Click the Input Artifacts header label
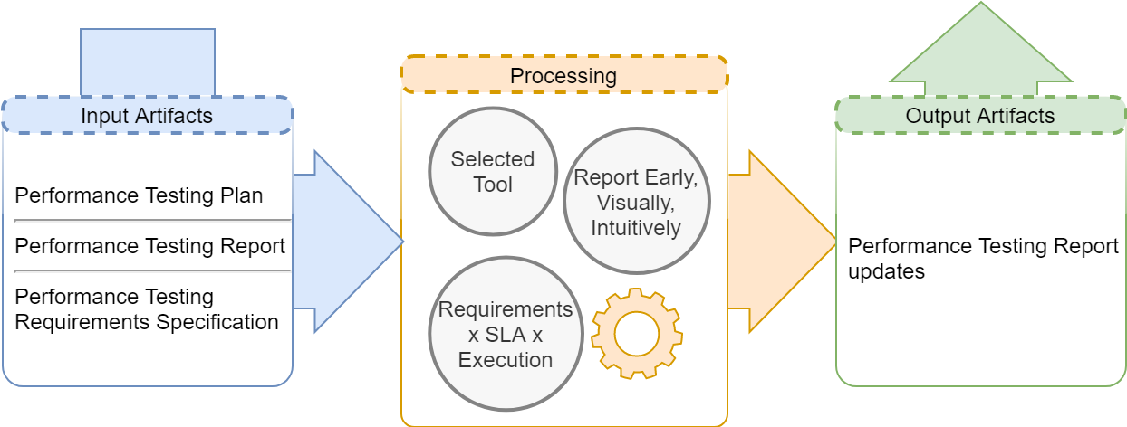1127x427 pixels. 147,116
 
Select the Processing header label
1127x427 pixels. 563,76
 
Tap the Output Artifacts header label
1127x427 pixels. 980,116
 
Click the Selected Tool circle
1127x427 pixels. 493,171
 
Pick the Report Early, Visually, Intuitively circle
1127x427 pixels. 637,201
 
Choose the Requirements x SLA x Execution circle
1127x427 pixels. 506,334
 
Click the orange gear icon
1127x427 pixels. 637,334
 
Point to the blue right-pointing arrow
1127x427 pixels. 348,242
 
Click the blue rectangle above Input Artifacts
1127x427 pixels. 148,62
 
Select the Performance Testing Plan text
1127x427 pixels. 139,195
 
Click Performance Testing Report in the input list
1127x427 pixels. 149,246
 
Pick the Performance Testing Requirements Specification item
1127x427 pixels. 147,309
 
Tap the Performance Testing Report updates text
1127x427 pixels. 983,259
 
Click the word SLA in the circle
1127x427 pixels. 506,335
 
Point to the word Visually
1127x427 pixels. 635,203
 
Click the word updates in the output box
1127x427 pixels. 887,271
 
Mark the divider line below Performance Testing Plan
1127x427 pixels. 153,220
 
